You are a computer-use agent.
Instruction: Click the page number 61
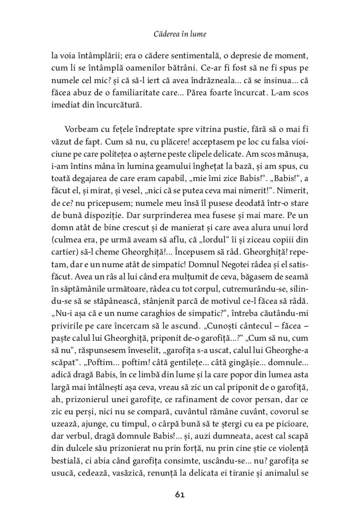[180, 494]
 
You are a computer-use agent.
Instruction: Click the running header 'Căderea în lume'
[180, 34]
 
